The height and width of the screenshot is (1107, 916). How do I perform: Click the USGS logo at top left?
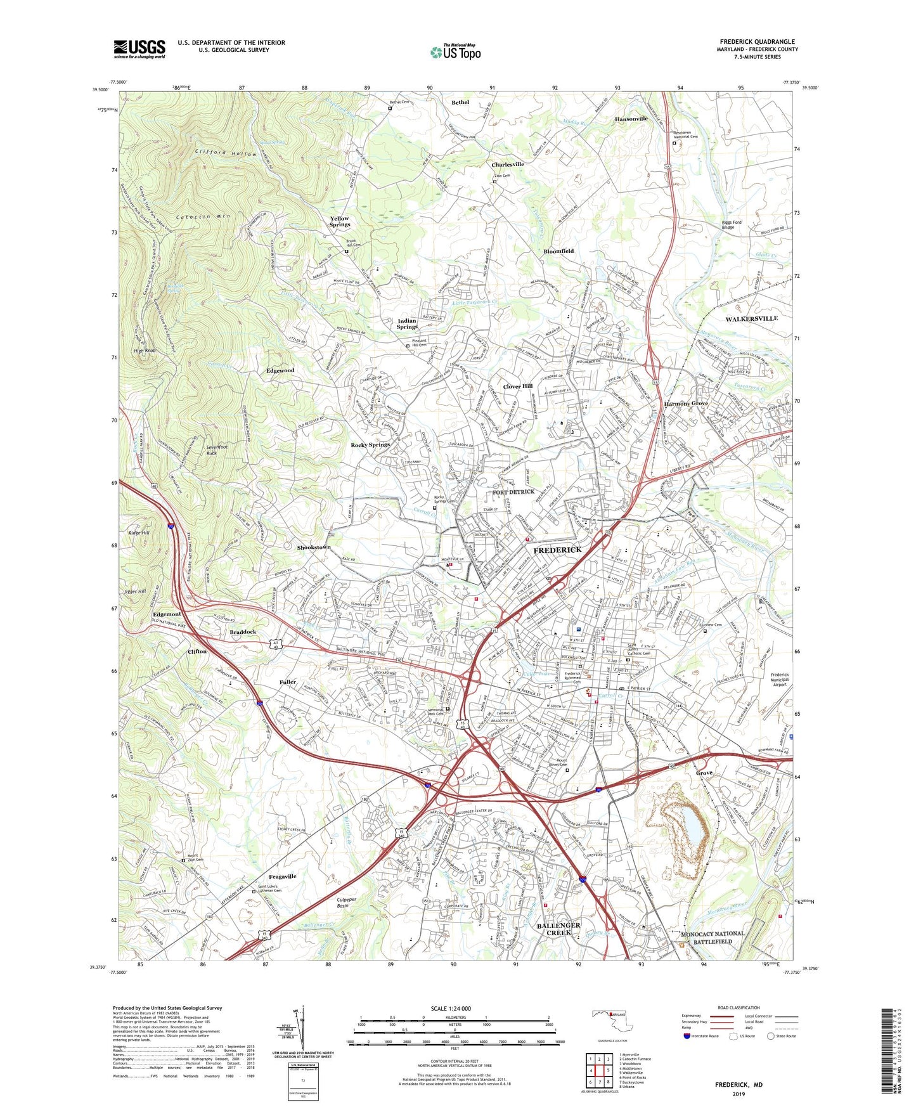pos(139,48)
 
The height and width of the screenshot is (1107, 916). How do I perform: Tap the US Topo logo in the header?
pos(455,52)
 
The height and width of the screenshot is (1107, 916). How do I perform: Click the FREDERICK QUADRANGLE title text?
pos(757,42)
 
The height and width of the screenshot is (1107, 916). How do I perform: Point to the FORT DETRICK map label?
pos(513,492)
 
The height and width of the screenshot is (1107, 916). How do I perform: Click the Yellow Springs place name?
pos(340,221)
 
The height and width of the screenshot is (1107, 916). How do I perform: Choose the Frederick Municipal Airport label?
pos(779,680)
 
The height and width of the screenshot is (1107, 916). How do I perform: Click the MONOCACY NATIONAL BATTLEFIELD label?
pos(713,938)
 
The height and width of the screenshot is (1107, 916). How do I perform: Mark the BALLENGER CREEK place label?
pos(558,929)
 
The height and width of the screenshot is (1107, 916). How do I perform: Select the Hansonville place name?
pos(631,119)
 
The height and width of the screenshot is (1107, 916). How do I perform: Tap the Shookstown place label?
pos(314,547)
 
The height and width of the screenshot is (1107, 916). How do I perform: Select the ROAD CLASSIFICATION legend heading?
pos(739,1007)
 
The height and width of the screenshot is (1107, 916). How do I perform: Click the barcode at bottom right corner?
pos(889,1053)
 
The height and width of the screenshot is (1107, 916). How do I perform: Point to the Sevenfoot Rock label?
pos(217,450)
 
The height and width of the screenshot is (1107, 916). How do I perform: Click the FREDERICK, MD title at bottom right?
pos(739,1085)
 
